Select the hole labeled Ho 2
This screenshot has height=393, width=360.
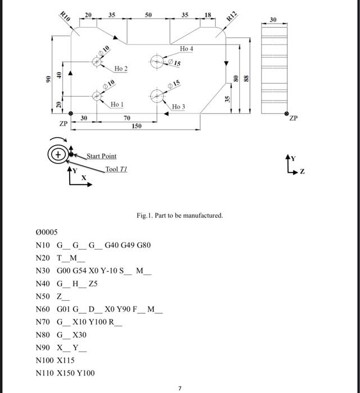tap(98, 62)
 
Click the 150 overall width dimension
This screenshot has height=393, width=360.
tap(136, 127)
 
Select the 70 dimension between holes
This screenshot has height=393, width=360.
tap(127, 118)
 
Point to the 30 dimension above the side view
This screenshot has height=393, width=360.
tap(274, 20)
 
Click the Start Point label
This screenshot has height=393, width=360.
tap(102, 156)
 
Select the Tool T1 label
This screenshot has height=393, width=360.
tap(117, 169)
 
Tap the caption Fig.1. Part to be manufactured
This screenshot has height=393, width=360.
tap(180, 216)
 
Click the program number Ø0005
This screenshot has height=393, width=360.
tap(47, 232)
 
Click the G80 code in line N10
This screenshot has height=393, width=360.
tap(143, 245)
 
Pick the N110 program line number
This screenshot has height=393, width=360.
tap(44, 373)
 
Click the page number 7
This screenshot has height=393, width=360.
tap(180, 387)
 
